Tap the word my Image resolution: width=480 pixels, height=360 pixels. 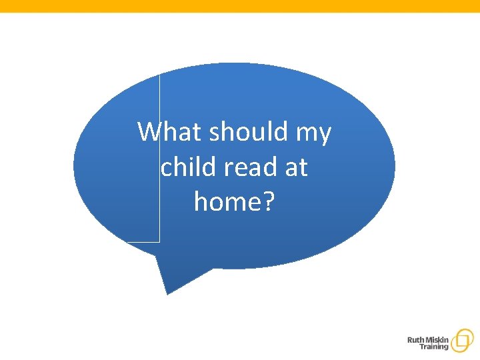(x=313, y=133)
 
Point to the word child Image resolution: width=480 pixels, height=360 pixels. (x=188, y=167)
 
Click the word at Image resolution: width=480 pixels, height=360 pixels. (x=296, y=167)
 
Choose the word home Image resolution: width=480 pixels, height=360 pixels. (x=227, y=201)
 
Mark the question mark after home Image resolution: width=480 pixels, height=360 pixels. (x=268, y=201)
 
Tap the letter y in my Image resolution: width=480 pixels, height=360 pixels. (x=323, y=135)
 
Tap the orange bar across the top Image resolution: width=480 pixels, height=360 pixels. (x=240, y=5)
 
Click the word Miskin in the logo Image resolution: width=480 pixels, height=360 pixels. (x=436, y=340)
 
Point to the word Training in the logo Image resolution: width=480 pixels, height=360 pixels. (x=433, y=347)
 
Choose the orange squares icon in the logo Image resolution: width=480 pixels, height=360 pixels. (x=461, y=341)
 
